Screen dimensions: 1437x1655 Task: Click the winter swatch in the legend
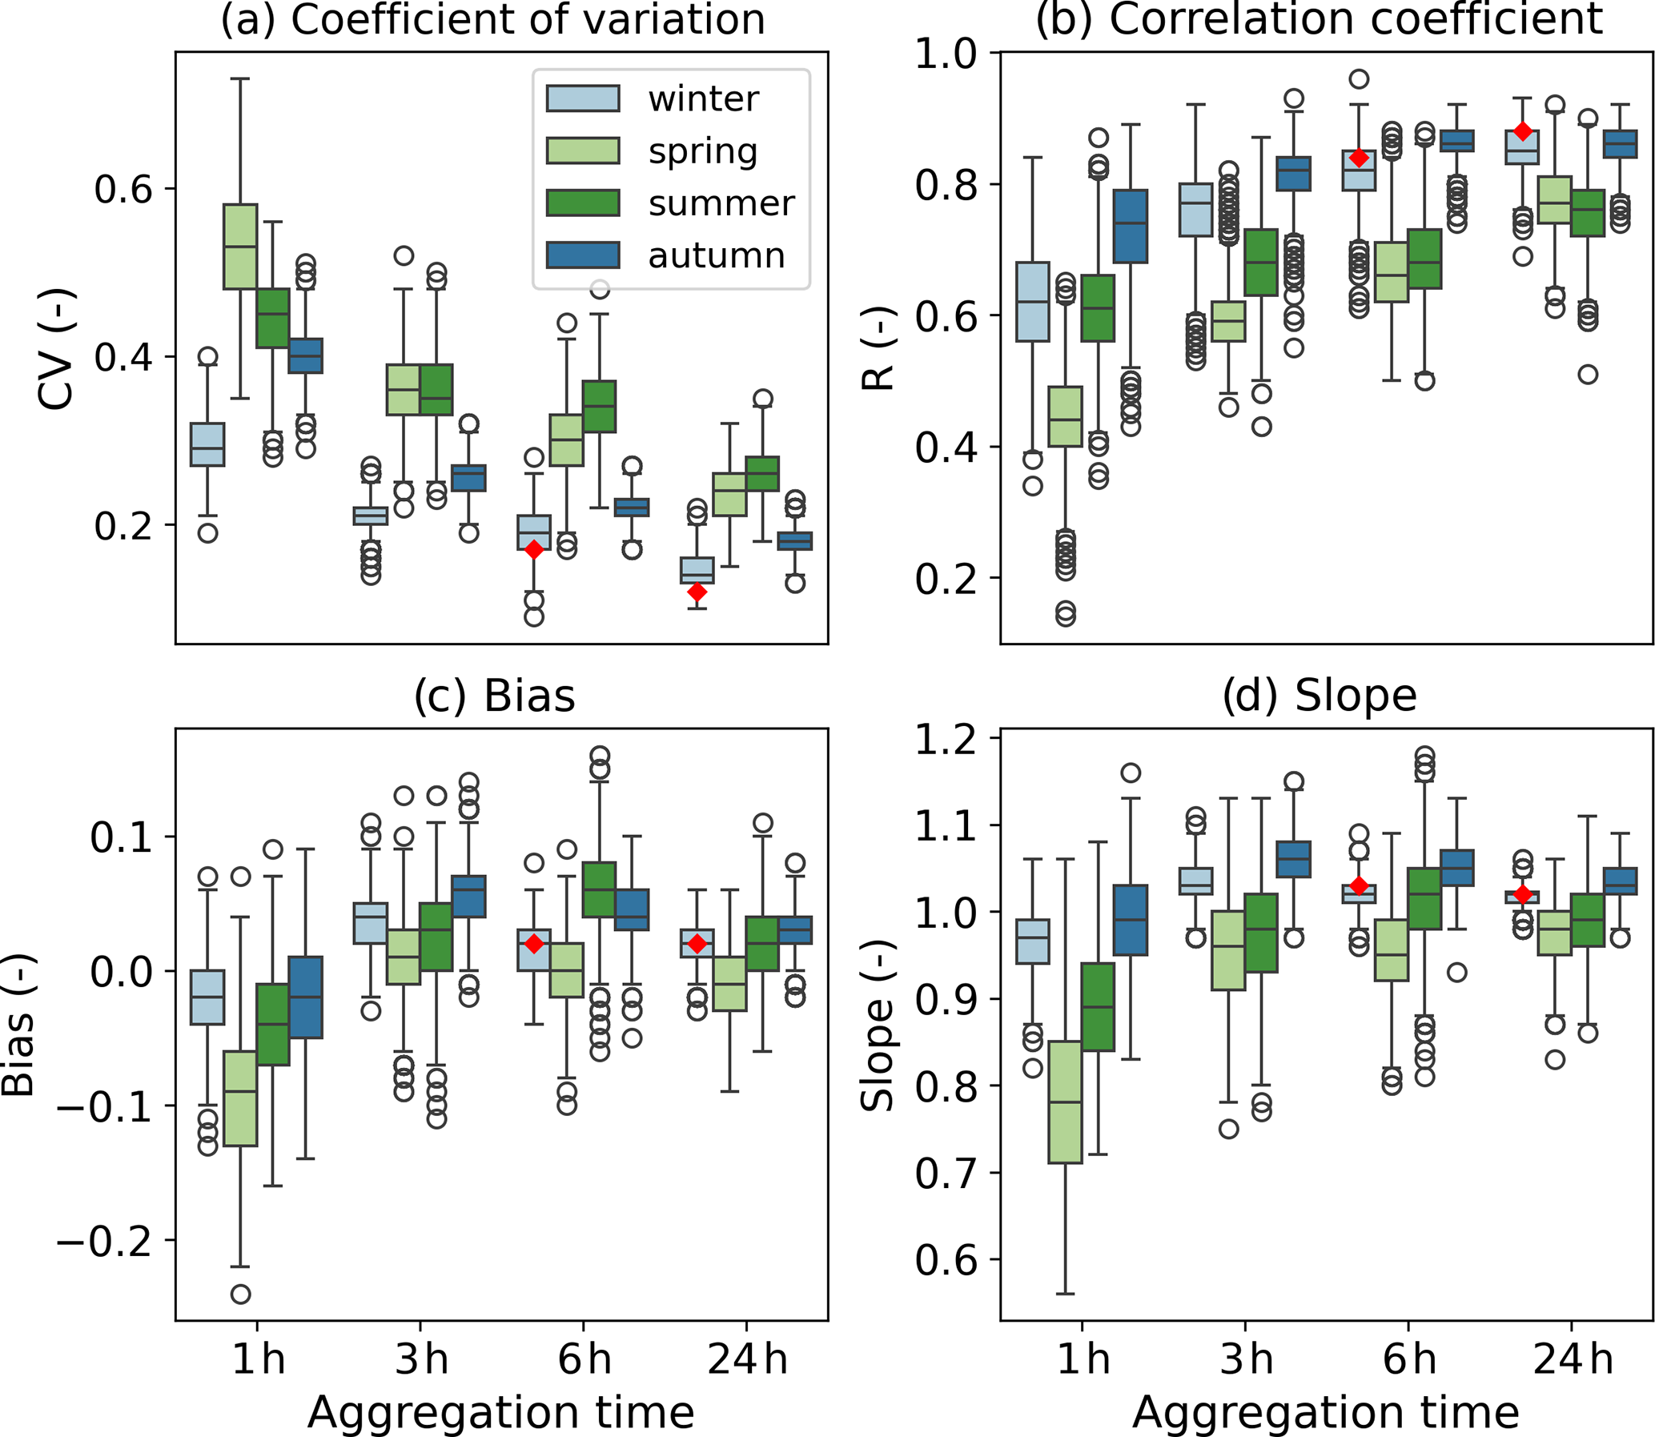pos(583,98)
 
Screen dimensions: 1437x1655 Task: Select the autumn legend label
pos(716,256)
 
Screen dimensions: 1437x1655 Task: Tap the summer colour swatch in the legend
pos(583,203)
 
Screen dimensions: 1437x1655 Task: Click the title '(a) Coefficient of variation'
pos(493,19)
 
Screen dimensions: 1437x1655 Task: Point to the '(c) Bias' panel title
pos(495,695)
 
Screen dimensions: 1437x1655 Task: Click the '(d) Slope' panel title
pos(1319,695)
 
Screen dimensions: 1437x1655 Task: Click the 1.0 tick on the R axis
pos(947,53)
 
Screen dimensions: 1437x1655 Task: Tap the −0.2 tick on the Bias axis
pos(104,1241)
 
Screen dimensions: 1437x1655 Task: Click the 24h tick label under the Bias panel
pos(747,1360)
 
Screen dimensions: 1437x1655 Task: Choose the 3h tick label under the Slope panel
pos(1246,1360)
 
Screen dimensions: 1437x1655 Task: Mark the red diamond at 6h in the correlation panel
pos(1358,157)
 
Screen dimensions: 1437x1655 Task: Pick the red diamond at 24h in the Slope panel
pos(1523,895)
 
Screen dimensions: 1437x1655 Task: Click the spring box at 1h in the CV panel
pos(240,247)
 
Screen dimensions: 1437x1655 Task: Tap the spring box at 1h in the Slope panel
pos(1066,1102)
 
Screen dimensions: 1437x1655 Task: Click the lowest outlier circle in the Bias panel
pos(240,1295)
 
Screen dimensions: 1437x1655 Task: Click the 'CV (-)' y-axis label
pos(56,349)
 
